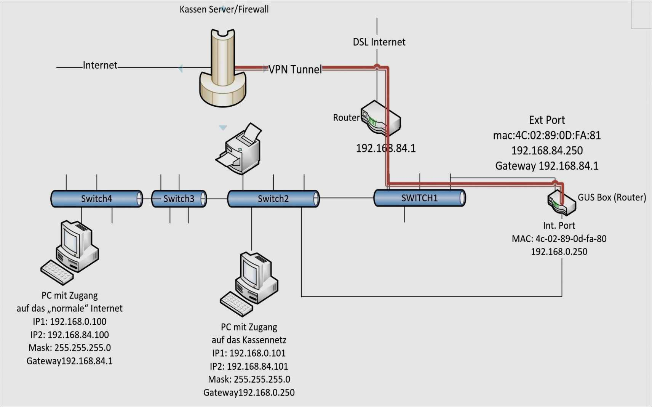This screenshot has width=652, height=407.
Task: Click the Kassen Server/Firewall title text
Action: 224,9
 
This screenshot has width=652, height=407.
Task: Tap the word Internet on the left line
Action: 100,65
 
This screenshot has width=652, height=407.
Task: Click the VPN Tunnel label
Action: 295,69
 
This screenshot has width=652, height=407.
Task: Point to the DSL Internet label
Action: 379,42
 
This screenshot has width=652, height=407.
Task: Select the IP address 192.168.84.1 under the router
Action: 385,148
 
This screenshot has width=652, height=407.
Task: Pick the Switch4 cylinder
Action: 97,199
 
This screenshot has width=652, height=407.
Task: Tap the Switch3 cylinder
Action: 179,199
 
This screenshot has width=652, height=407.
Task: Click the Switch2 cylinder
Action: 273,199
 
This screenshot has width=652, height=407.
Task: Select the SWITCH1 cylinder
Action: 419,198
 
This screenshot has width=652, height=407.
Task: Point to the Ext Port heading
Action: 547,120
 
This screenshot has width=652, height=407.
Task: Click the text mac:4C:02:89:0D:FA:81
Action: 547,135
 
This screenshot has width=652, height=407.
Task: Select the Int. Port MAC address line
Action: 559,239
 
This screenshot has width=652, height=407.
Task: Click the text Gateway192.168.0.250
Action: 249,393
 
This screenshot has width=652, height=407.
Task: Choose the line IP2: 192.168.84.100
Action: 70,335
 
